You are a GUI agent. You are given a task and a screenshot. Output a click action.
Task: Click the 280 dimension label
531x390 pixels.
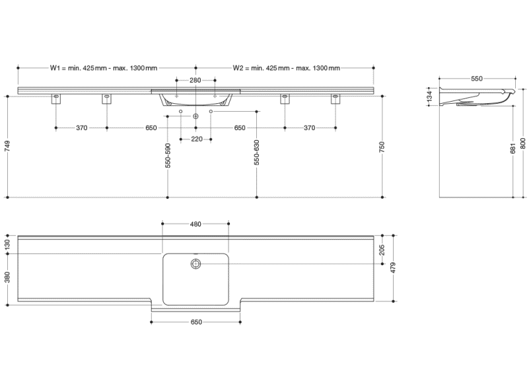coord(195,80)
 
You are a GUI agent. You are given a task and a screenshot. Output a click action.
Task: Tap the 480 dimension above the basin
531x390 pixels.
coord(195,224)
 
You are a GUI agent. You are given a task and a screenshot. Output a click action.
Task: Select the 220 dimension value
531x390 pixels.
coord(197,139)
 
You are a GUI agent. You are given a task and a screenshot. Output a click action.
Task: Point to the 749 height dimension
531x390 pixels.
coord(8,146)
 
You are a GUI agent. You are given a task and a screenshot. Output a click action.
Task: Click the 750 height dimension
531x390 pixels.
coord(382,147)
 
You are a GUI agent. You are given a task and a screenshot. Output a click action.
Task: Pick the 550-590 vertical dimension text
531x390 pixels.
coord(168,155)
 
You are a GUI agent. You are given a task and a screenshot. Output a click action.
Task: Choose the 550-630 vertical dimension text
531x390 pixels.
coord(257,152)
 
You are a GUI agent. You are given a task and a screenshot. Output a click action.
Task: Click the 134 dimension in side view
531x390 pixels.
coord(430,96)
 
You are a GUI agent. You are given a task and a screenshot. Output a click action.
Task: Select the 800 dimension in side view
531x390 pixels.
coord(523,143)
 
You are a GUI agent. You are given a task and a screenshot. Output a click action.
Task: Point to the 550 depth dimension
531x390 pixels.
coord(476,79)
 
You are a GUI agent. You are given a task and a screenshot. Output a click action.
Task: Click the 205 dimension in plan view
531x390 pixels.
coord(382,250)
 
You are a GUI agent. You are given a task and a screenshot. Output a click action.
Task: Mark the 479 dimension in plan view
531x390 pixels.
coord(393,268)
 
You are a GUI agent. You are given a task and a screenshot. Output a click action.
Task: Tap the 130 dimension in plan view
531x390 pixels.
coord(8,245)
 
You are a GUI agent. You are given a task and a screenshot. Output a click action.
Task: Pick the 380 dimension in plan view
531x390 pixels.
coord(8,277)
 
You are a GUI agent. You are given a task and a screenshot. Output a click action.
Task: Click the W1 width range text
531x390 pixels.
coord(104,68)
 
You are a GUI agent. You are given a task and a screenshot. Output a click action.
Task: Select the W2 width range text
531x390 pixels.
coord(287,68)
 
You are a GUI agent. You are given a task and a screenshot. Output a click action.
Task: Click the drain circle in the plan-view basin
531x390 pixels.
coord(195,264)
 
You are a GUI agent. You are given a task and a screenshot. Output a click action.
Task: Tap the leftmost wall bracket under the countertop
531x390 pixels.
coord(56,99)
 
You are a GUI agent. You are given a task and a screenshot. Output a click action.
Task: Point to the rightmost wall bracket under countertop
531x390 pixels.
coord(336,99)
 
